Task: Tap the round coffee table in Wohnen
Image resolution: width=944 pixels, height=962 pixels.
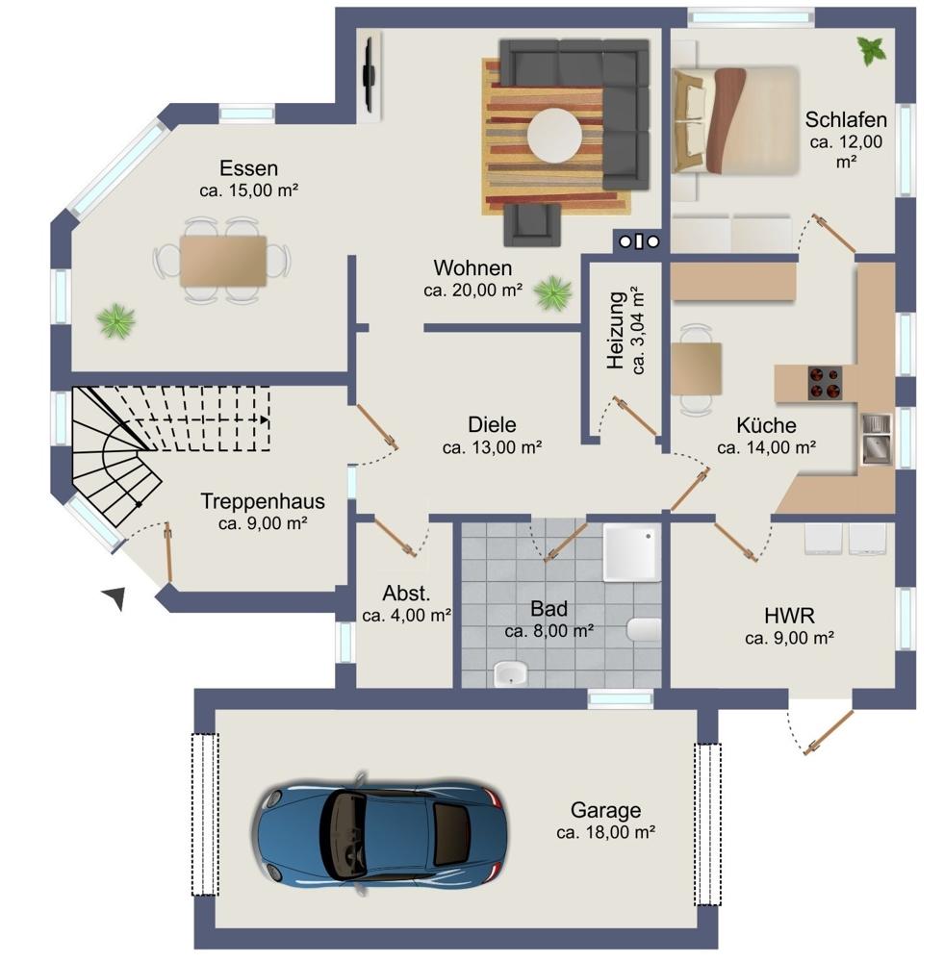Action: point(555,136)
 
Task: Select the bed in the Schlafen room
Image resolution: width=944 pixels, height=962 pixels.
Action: point(736,120)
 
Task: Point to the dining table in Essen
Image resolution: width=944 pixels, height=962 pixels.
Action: point(223,261)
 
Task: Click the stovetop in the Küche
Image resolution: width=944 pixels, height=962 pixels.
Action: point(825,383)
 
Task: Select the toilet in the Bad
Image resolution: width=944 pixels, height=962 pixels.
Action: point(644,629)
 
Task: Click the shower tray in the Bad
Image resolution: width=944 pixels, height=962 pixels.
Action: point(631,552)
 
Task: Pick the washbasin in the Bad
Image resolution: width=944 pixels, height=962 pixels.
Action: point(511,674)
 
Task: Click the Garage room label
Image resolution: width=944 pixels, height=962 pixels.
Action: point(606,810)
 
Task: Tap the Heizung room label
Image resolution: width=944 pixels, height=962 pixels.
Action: point(616,330)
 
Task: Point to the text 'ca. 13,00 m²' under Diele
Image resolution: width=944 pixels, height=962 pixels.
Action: point(492,448)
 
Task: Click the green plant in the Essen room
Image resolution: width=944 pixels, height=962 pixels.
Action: point(115,321)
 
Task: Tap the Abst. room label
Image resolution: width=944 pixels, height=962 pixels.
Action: point(406,594)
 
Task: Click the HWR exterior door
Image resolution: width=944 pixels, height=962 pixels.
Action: point(829,732)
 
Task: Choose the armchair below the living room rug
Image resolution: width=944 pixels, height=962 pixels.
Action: point(532,225)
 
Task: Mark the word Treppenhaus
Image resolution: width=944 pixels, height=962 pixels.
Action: point(263,501)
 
